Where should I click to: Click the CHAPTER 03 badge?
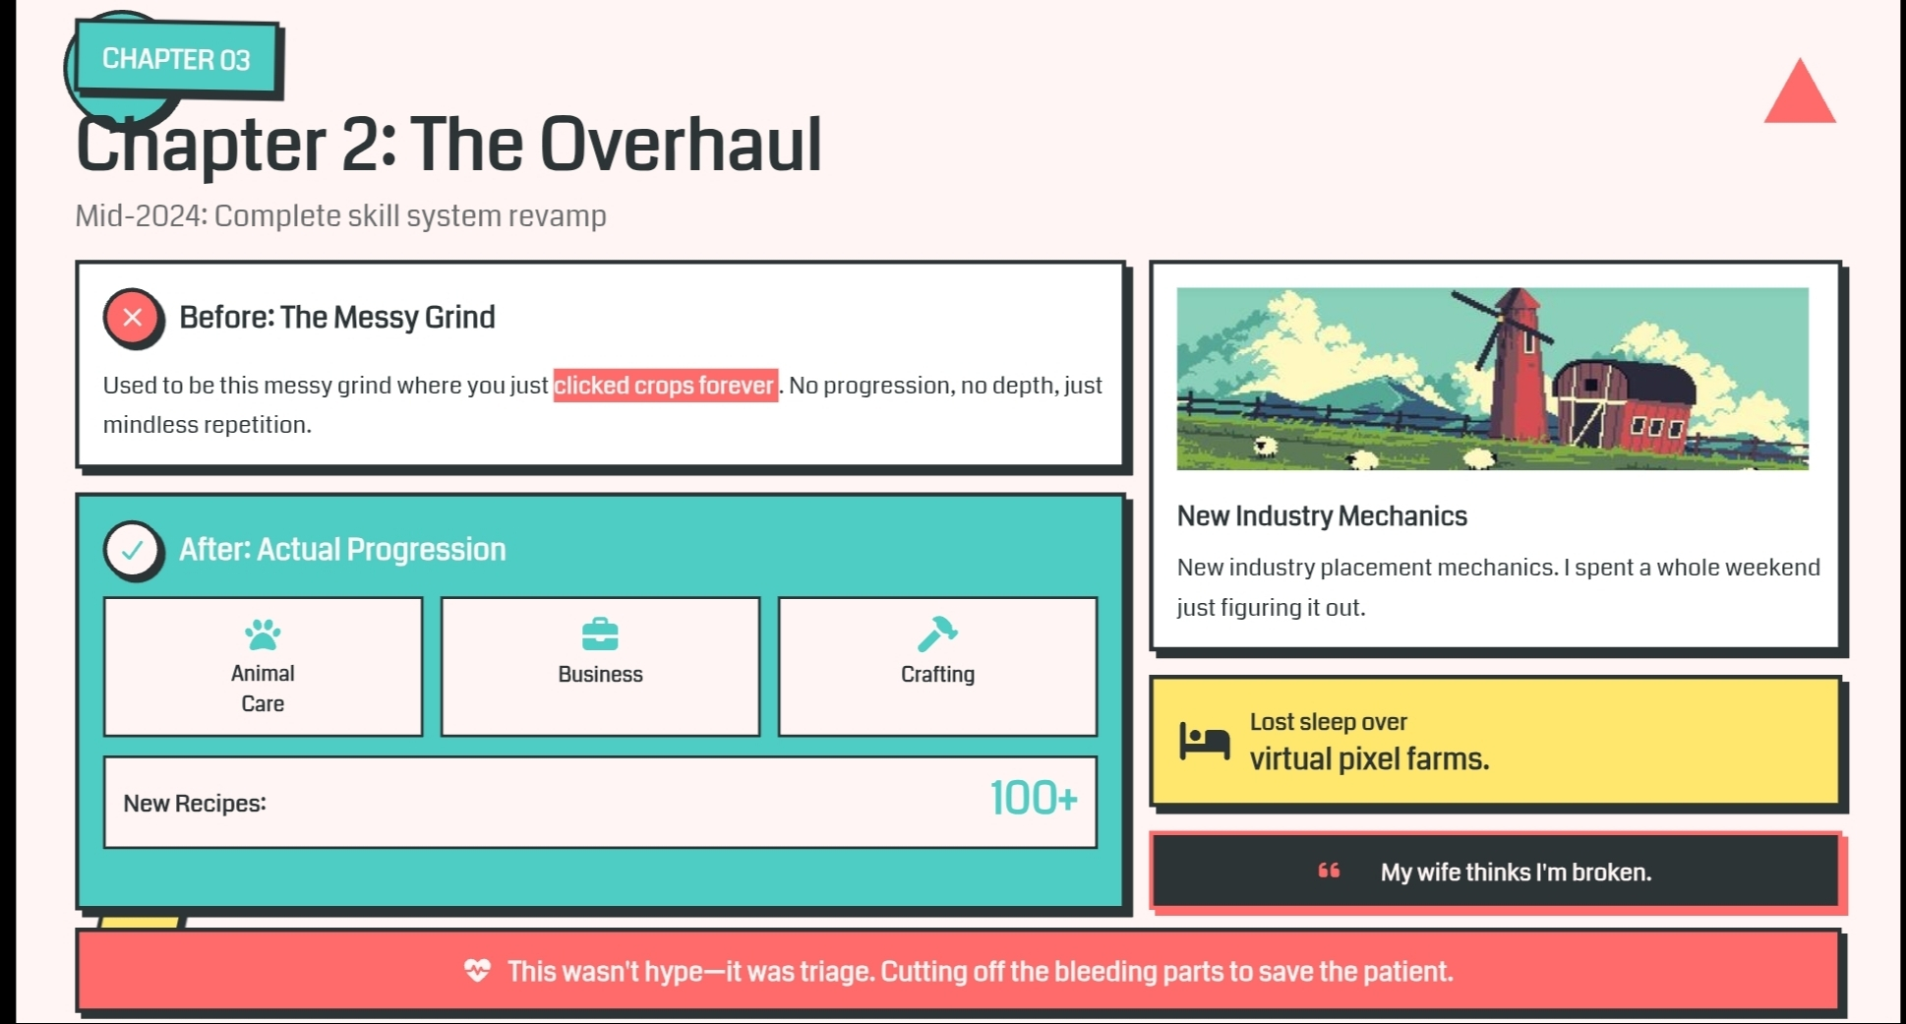click(x=176, y=59)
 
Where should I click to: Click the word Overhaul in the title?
click(x=681, y=145)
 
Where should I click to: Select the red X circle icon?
click(x=133, y=318)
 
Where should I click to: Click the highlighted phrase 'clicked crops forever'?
click(x=665, y=385)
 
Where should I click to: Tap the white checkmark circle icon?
click(x=133, y=550)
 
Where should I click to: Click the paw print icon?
click(x=263, y=634)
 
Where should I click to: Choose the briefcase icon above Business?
click(x=600, y=634)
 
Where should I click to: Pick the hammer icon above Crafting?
click(x=937, y=634)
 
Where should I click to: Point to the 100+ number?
click(x=1034, y=798)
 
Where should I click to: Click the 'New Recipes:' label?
click(x=195, y=804)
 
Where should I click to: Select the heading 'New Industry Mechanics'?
click(x=1322, y=516)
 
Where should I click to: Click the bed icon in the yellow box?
click(x=1205, y=741)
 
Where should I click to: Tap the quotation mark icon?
click(x=1329, y=871)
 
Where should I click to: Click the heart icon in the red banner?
click(x=477, y=971)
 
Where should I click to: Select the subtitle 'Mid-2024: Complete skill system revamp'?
click(x=340, y=215)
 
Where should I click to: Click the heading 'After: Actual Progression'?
click(x=342, y=549)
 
